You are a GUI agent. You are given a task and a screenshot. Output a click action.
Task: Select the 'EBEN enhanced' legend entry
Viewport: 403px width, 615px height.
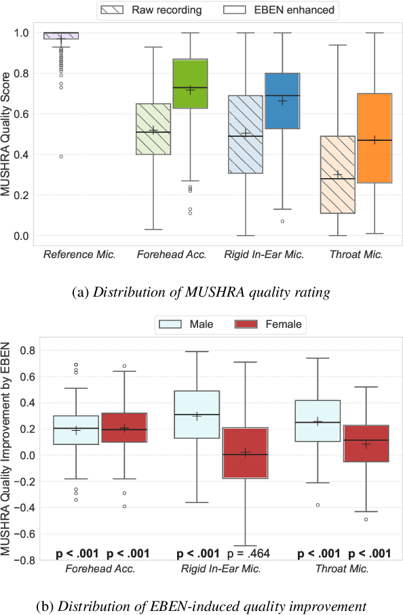[x=280, y=10]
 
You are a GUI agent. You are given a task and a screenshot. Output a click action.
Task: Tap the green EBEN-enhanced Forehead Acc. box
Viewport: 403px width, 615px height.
[x=190, y=84]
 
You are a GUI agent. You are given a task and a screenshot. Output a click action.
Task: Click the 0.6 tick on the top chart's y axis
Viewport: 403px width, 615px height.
[x=24, y=114]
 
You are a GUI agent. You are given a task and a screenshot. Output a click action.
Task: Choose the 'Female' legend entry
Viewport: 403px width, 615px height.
[x=269, y=324]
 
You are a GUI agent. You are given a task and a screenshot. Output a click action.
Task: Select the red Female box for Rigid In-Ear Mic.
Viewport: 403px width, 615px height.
[x=246, y=453]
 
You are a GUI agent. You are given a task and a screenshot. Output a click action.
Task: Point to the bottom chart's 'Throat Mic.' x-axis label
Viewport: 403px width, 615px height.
[x=341, y=569]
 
